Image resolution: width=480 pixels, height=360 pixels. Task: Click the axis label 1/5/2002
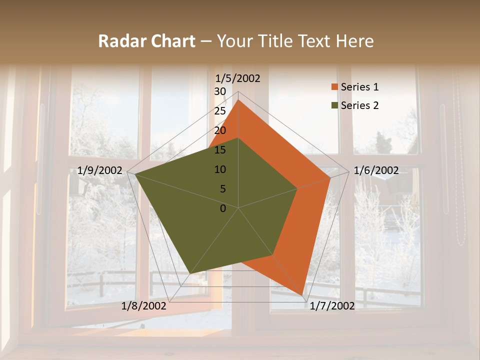(238, 78)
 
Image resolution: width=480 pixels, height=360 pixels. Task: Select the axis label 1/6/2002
(376, 170)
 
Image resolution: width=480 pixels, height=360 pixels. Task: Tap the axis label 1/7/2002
(332, 306)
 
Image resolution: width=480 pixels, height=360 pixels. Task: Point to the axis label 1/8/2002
(143, 306)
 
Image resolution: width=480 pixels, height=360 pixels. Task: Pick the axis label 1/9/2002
(99, 170)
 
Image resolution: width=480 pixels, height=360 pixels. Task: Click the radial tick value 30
(220, 91)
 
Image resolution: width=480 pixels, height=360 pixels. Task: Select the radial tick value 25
(220, 111)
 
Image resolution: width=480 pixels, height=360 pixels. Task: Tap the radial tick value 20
(220, 130)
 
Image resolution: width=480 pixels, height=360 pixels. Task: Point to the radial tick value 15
(220, 150)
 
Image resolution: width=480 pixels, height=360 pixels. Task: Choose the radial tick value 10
(220, 169)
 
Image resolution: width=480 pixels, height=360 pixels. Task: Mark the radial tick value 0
(223, 208)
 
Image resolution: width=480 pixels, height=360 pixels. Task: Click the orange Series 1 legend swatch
(334, 87)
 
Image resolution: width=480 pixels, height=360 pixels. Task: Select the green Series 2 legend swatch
(334, 105)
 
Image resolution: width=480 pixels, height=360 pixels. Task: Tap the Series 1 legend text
(359, 87)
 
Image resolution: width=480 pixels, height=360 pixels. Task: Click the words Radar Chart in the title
(146, 41)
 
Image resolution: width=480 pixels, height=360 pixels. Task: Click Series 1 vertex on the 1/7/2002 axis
(302, 295)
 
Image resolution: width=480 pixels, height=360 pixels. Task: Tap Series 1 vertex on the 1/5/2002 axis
(238, 99)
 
